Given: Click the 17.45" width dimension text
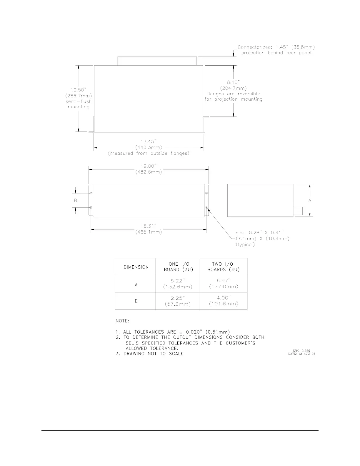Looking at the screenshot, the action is tap(149, 141).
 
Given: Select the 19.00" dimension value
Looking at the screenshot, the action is tap(149, 166).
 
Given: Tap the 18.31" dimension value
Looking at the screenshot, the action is tap(149, 226).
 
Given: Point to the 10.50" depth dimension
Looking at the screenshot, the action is tap(79, 90).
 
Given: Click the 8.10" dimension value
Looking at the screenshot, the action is tap(233, 82).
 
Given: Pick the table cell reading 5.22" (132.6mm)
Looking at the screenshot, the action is tap(178, 284).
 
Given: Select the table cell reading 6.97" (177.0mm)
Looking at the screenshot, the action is tap(224, 284).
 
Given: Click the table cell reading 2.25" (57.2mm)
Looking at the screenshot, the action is tap(178, 301).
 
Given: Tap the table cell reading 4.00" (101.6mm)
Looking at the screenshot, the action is tap(224, 301).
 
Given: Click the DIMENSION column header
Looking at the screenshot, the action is tap(136, 267).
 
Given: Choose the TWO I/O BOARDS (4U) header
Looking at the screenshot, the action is tap(224, 267).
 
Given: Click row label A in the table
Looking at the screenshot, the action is tap(136, 285).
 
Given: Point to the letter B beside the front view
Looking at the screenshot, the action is tap(76, 200).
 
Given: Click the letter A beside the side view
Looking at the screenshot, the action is tap(310, 200).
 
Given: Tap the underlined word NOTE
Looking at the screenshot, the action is tap(122, 321).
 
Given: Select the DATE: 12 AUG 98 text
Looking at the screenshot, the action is tap(302, 354).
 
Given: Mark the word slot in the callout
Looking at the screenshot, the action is tap(241, 233).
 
